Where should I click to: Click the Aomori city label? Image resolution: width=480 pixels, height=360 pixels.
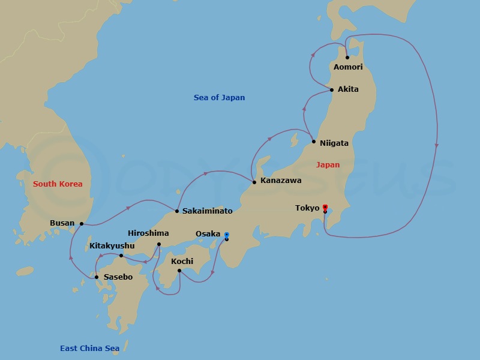[348, 67]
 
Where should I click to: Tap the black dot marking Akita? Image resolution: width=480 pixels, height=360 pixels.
[332, 90]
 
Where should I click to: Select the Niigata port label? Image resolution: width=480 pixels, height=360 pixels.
[334, 143]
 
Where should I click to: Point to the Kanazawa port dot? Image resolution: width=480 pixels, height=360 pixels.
[254, 182]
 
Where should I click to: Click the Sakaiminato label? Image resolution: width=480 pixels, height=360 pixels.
[207, 211]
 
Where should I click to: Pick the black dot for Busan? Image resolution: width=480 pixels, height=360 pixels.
[82, 224]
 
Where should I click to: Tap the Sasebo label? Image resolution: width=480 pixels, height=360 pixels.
[118, 277]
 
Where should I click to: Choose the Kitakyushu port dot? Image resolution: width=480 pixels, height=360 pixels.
[121, 256]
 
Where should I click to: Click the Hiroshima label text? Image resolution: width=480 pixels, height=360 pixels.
[148, 233]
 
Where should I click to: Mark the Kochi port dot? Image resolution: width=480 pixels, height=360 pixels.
[179, 271]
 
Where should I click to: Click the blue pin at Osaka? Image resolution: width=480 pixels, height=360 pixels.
[227, 235]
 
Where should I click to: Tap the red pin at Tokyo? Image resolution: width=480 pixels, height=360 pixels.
[325, 207]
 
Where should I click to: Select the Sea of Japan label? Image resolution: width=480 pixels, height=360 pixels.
[219, 98]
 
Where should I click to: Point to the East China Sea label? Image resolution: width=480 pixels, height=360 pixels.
[89, 349]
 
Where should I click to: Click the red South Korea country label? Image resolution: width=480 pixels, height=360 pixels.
[58, 184]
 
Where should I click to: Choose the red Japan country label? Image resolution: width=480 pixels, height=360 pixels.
[328, 165]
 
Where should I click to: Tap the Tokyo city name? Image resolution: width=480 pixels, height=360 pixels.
[307, 208]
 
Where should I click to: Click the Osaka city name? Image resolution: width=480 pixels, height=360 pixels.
[208, 234]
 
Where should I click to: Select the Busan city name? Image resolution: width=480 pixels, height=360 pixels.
[62, 223]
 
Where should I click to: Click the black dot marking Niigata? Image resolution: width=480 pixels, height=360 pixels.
[314, 142]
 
